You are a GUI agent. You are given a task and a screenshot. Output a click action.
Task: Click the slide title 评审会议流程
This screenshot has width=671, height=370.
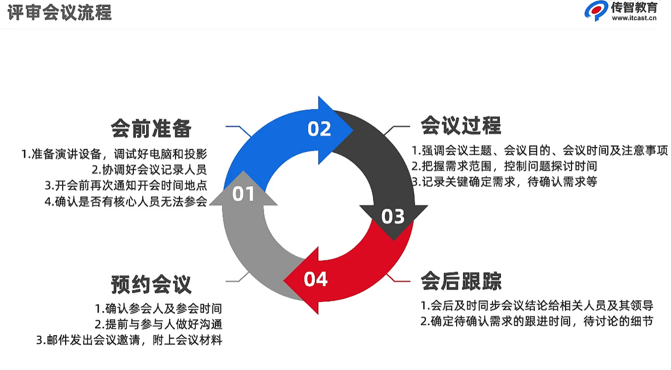point(60,12)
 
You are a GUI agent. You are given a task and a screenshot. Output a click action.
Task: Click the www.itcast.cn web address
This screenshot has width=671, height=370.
point(634,19)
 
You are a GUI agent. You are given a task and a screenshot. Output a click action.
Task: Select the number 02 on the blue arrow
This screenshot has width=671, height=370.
point(319,129)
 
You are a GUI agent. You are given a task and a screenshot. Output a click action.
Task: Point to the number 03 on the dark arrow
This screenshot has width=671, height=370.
point(393,216)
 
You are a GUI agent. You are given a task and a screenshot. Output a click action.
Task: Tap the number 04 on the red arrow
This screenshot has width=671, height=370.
point(315,279)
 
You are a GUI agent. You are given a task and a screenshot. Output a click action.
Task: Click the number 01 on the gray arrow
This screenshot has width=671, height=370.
point(243,194)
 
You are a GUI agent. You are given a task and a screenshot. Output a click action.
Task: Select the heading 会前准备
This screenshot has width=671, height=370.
point(151,128)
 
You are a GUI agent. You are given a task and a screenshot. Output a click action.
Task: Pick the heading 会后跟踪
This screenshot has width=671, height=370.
point(461,281)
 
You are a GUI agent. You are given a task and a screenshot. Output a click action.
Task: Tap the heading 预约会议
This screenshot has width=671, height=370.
point(151,285)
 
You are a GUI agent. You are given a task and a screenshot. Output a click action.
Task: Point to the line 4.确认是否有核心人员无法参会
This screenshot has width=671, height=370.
point(125,202)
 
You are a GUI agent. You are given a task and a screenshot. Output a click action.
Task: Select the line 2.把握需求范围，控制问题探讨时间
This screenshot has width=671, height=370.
point(504,166)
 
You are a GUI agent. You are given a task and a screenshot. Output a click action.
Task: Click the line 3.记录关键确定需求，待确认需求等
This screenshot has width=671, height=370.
point(504,182)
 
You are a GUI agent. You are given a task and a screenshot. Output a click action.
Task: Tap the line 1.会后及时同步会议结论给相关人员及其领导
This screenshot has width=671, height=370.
point(536,305)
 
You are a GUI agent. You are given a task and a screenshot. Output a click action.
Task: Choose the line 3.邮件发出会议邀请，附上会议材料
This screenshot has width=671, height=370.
point(129,341)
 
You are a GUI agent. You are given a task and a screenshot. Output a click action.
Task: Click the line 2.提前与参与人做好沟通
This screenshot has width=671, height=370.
point(158,324)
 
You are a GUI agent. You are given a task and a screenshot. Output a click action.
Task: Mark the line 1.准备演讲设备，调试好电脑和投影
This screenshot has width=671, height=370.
point(114,153)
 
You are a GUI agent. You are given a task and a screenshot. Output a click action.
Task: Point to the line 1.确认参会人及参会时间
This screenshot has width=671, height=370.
point(158,308)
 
